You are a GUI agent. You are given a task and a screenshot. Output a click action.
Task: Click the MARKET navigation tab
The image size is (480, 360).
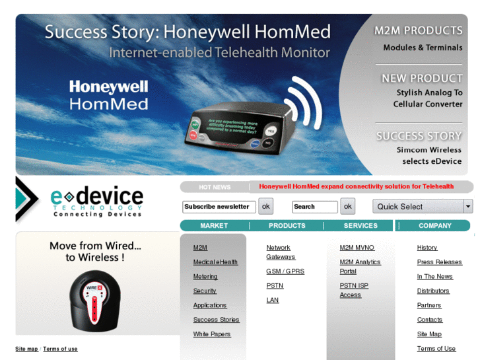click(214, 226)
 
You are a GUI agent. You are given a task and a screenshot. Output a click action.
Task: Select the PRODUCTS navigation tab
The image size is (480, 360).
click(287, 226)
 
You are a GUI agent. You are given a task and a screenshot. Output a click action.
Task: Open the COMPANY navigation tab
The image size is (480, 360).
click(435, 226)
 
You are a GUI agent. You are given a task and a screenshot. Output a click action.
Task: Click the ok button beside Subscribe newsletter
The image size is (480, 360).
click(265, 206)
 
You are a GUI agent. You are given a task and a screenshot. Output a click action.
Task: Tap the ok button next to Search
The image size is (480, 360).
click(347, 206)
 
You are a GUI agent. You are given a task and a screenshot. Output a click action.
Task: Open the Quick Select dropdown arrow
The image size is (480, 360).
click(468, 206)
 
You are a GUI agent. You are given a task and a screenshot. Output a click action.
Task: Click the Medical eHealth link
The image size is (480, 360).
click(215, 262)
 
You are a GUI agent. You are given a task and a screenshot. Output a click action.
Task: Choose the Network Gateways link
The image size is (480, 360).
click(281, 252)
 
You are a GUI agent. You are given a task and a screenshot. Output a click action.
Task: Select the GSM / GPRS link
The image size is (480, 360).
click(285, 271)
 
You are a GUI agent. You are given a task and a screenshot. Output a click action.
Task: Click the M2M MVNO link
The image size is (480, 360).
click(357, 248)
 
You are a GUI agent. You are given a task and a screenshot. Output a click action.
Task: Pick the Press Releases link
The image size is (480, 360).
click(439, 262)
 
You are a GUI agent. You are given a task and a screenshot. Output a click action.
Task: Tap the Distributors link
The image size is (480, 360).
click(433, 291)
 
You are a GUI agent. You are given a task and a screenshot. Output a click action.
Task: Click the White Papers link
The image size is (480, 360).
click(212, 334)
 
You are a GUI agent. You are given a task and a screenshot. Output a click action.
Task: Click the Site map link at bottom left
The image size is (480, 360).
click(26, 349)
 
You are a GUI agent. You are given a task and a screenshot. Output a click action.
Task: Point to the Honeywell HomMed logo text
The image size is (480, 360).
click(108, 95)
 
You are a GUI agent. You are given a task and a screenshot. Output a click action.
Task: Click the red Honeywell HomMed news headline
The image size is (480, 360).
click(356, 187)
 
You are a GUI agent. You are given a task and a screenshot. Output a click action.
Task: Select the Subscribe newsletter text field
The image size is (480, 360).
click(219, 207)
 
